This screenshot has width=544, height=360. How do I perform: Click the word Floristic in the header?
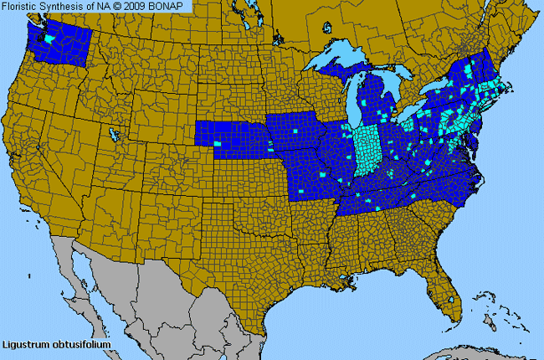point(22,6)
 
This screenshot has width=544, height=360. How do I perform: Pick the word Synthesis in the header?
point(65,6)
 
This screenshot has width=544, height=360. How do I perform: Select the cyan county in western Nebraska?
point(218,143)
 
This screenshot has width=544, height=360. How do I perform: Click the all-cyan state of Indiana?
point(366,151)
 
